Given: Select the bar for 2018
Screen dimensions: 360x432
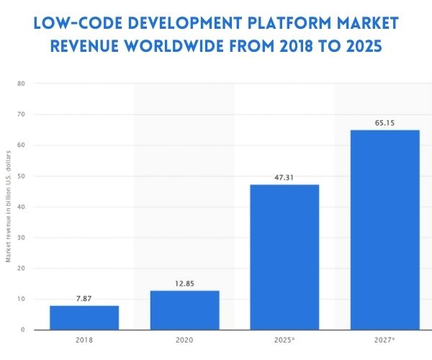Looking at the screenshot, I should tap(84, 318).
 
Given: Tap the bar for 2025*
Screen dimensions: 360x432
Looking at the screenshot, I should tap(284, 257).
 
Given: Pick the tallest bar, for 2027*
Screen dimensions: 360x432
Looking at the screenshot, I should tap(384, 230).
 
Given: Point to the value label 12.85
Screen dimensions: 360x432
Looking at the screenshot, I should tap(184, 284).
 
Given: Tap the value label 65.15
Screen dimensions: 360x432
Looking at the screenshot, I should tap(384, 122).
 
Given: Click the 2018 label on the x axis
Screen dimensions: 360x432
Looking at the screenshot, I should tap(84, 341).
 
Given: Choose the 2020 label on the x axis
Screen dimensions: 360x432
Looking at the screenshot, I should tap(184, 341).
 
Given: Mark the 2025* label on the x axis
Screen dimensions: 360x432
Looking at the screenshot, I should tap(285, 341).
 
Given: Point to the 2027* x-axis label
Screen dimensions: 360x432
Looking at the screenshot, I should tap(385, 341).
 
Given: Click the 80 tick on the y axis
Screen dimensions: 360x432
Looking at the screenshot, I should tap(22, 84).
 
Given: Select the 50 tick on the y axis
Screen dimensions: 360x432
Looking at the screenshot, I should tap(22, 176).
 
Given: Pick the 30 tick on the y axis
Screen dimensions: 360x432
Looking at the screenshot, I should tap(22, 238).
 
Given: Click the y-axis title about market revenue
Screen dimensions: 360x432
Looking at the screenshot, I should tap(8, 207).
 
